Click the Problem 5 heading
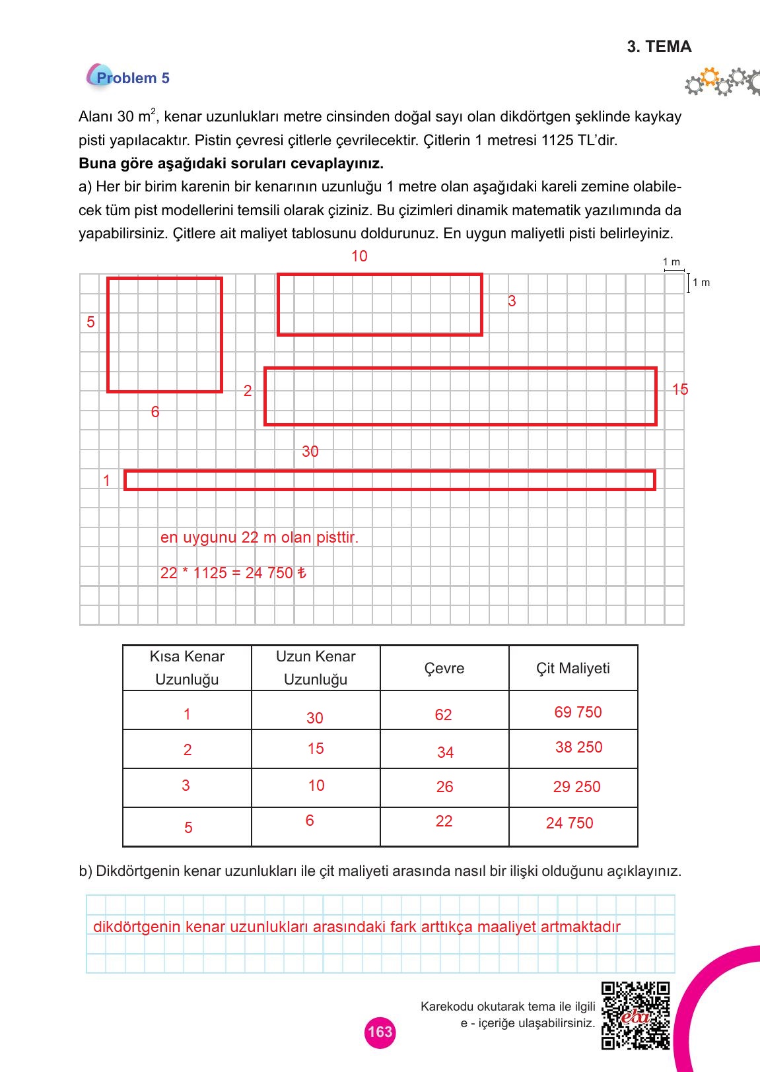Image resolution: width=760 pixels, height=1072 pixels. tap(132, 78)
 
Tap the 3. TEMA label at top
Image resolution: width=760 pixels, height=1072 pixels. tap(659, 47)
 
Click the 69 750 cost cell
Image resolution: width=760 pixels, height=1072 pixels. tap(578, 712)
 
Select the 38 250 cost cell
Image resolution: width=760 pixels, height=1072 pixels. tap(578, 747)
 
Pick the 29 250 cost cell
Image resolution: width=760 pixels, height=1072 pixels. tap(576, 787)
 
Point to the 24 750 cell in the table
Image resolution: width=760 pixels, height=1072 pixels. tap(569, 823)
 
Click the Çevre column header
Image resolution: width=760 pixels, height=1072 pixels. tap(444, 669)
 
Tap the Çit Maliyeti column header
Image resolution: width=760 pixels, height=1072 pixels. tap(572, 669)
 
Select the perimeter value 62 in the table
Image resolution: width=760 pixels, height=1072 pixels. tap(443, 715)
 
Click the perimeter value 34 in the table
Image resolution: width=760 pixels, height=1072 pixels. tap(445, 753)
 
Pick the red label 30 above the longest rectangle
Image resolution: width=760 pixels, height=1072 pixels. tap(310, 452)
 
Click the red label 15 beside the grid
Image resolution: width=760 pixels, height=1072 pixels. tap(680, 389)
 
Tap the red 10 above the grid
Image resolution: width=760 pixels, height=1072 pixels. tap(359, 256)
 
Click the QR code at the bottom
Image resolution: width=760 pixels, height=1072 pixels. tap(635, 1015)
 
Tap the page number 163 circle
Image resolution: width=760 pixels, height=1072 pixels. tap(380, 1032)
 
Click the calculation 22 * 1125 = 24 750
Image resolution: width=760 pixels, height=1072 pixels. tap(232, 573)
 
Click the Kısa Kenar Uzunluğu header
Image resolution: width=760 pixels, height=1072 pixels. tap(187, 668)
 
